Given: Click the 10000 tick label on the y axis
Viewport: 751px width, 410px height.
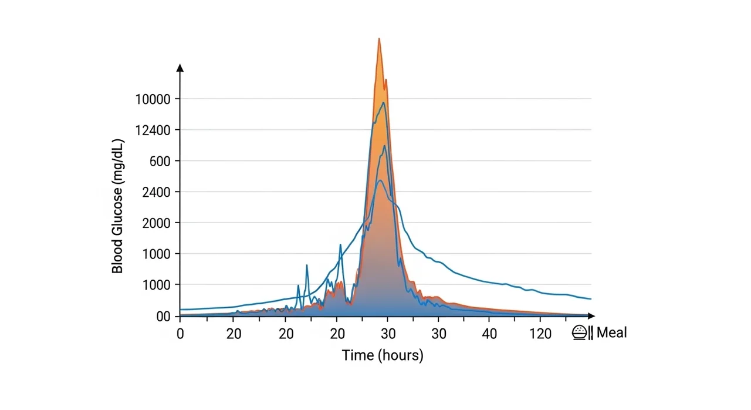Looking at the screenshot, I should tap(153, 99).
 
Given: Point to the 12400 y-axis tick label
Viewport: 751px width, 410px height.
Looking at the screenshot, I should tap(153, 130).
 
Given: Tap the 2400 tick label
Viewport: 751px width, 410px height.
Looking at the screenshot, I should tap(156, 192).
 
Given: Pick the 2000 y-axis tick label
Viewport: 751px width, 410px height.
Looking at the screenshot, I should tap(156, 223).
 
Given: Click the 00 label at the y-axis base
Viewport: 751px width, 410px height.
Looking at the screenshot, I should tap(163, 317).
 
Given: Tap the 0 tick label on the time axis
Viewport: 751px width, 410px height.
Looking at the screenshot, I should tap(180, 334).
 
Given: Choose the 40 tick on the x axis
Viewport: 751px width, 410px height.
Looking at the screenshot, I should tap(490, 334).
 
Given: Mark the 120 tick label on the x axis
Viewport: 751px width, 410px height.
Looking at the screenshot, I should tap(540, 334).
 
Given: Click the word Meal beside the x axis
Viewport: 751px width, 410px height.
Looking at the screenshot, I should tap(612, 333).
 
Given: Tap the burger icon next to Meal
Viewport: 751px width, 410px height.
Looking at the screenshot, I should tap(579, 333).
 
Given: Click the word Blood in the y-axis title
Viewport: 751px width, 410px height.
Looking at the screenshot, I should tap(117, 258).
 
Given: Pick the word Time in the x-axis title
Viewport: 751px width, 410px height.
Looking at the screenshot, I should tap(358, 355).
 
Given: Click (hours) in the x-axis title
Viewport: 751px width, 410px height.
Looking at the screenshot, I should tap(400, 355).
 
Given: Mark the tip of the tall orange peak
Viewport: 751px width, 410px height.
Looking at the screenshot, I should tap(379, 39).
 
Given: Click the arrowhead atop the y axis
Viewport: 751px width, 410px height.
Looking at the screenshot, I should tap(180, 68).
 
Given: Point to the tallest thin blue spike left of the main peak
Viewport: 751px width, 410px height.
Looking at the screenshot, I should tap(340, 245).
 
